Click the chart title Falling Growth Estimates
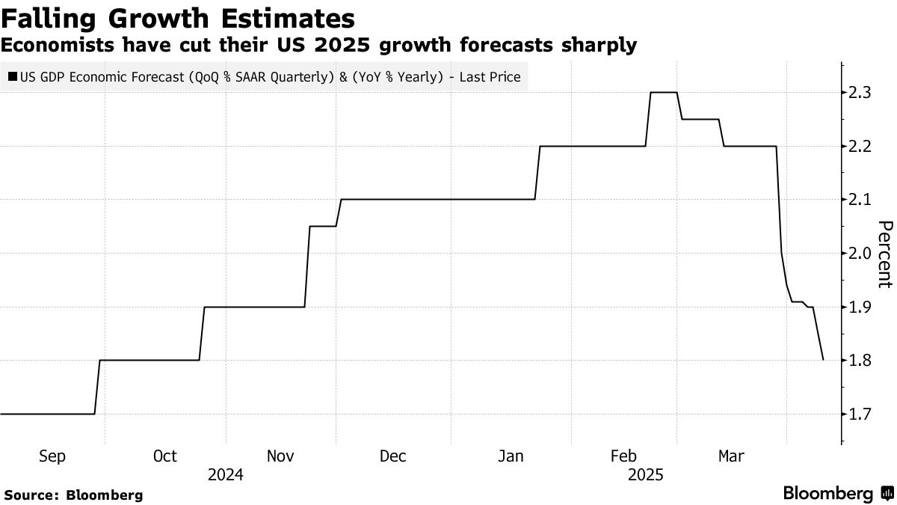(x=177, y=18)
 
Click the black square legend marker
(x=13, y=76)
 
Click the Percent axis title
(x=885, y=254)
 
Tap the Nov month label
(x=280, y=456)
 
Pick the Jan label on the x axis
(x=511, y=456)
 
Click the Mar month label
(x=730, y=456)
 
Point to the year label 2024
(x=225, y=475)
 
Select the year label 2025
(x=645, y=475)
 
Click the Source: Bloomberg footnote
(x=73, y=495)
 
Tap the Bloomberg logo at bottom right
(x=837, y=494)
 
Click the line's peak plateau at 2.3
(x=664, y=92)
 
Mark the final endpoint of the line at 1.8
(x=823, y=360)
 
